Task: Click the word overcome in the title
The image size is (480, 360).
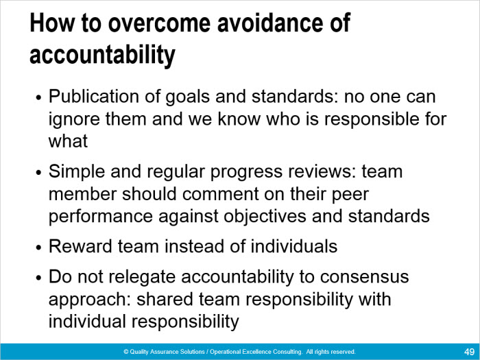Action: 159,23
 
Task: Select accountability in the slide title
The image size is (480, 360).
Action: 102,56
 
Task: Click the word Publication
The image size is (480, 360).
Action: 95,97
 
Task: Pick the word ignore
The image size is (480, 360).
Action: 74,120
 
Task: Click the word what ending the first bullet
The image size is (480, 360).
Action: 68,141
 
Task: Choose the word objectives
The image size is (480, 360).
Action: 265,217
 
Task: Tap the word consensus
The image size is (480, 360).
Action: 364,277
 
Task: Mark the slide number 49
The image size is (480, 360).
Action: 469,352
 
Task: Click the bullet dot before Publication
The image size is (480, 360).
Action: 38,98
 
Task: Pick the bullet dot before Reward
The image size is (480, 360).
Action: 38,248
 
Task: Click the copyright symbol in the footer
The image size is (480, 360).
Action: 125,352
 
